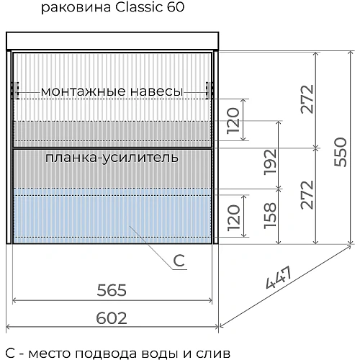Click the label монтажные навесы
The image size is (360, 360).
[x=112, y=91]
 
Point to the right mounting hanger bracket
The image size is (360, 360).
[x=210, y=91]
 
